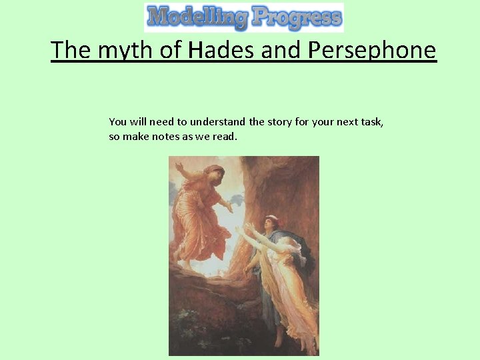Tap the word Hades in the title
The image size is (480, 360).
pos(223,50)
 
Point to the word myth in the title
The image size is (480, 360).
pos(120,51)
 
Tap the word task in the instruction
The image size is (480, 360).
pos(371,121)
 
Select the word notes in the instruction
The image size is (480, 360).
pos(169,137)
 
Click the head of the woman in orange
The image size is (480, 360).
pos(213,175)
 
